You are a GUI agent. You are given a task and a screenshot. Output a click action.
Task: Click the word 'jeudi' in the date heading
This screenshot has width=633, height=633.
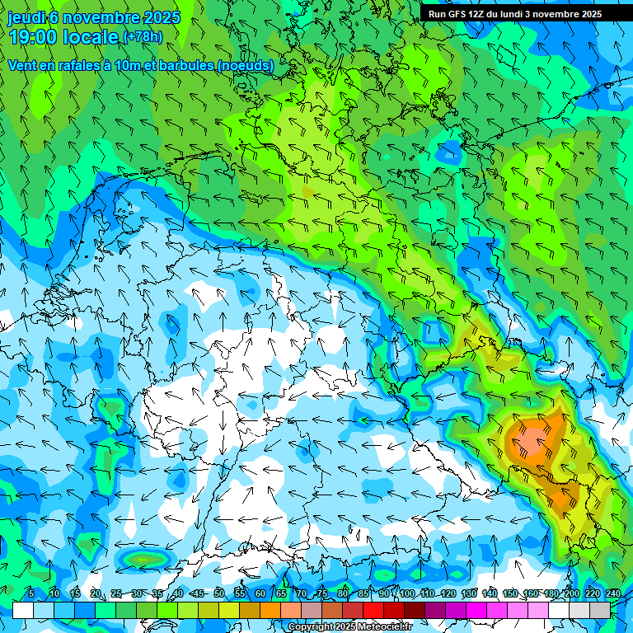(26, 17)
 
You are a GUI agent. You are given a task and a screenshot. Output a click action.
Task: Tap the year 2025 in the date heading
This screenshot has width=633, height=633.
(162, 17)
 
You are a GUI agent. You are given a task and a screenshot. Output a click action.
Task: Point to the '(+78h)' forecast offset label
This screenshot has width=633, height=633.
(143, 37)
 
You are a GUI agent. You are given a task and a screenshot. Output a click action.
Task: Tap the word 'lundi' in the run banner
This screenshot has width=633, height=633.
(527, 14)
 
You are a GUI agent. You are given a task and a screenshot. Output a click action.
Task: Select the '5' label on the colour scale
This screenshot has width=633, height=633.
(31, 594)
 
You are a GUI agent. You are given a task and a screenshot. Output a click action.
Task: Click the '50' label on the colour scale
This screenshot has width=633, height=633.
(218, 594)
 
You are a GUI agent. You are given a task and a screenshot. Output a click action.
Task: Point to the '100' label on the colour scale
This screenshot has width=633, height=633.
(407, 594)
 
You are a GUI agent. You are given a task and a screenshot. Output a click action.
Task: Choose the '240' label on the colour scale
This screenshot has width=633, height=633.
(613, 594)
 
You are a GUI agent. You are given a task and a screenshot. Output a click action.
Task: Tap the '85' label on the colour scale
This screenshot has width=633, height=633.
(363, 594)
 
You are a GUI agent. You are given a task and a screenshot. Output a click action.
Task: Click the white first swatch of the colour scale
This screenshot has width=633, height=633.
(23, 610)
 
